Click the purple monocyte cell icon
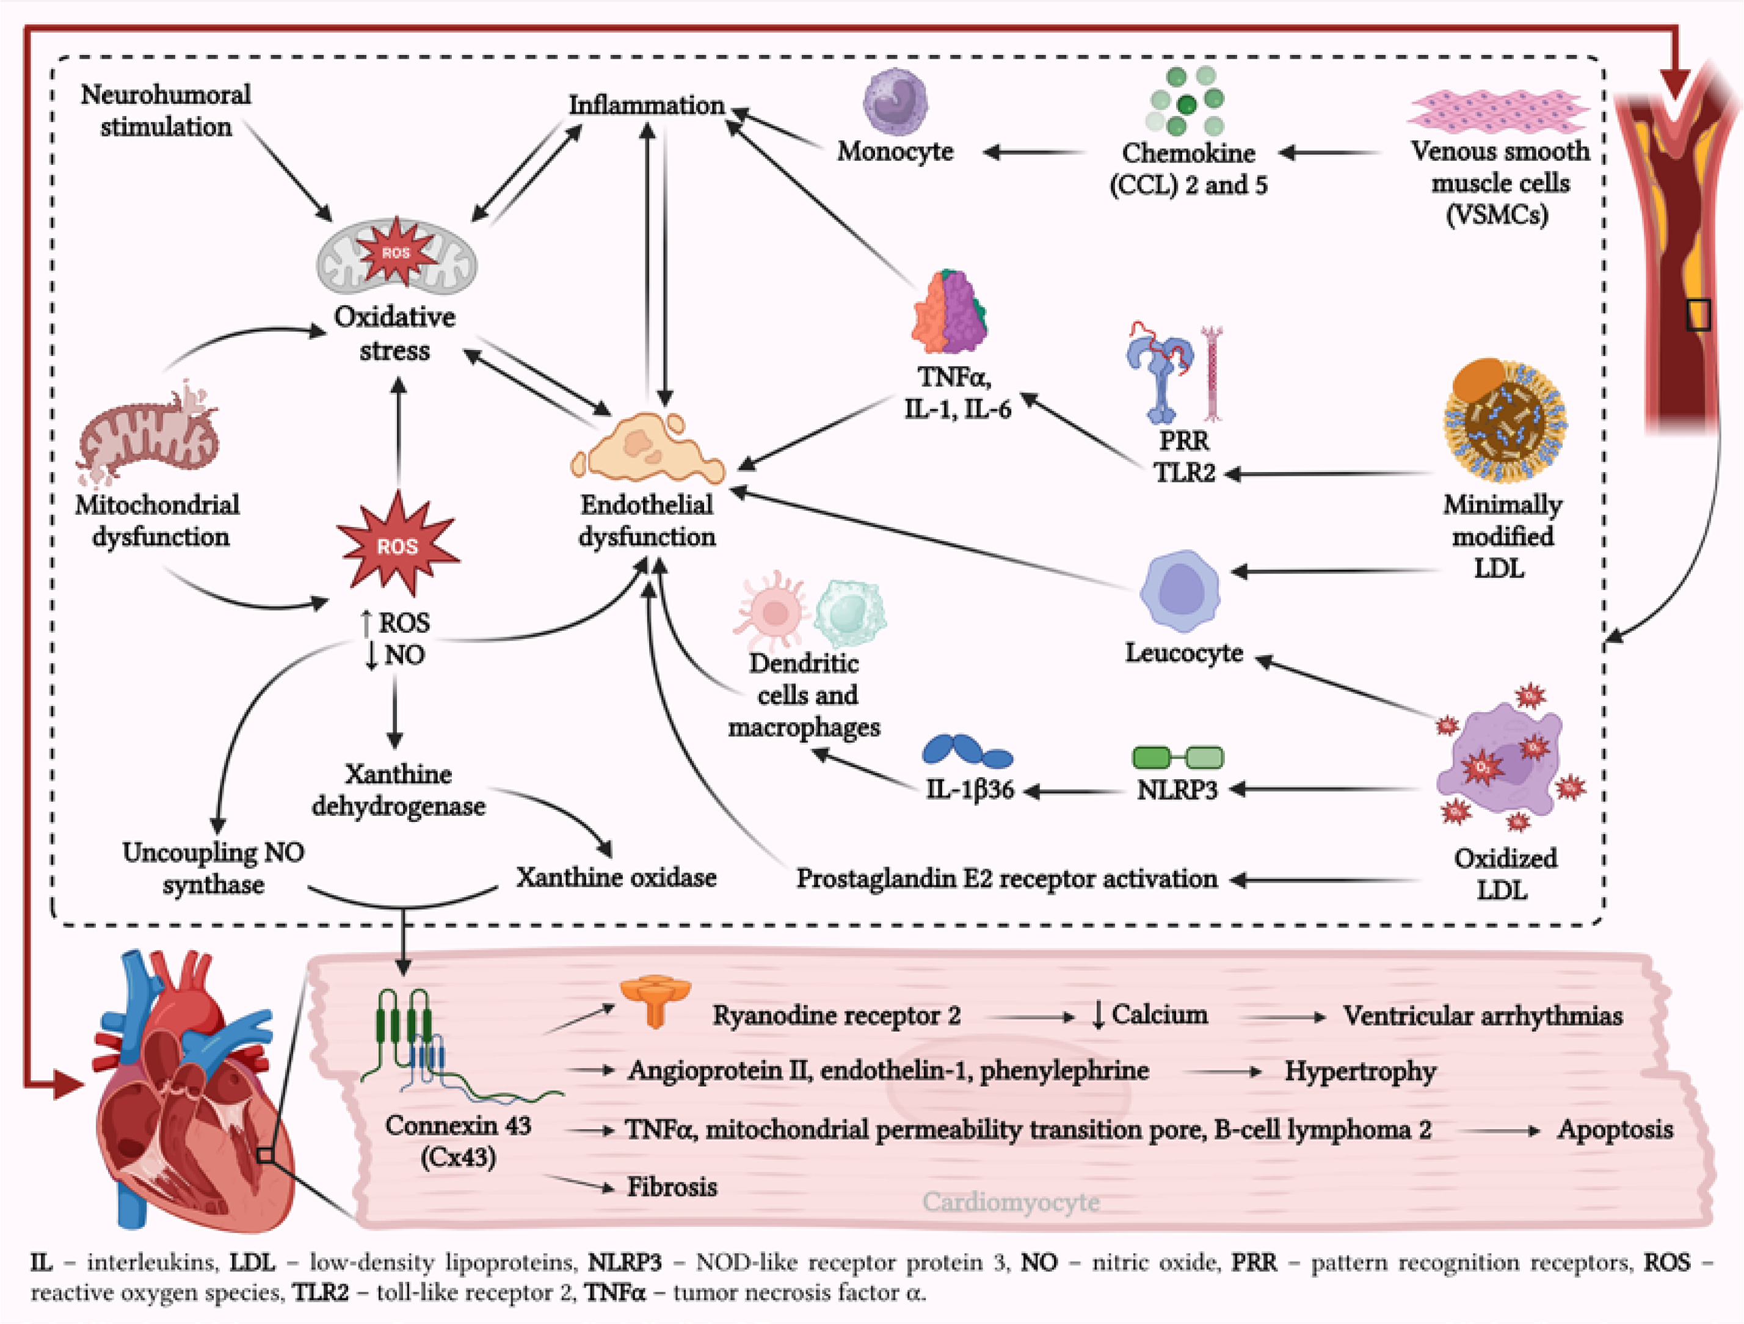[895, 103]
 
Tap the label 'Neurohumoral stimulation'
[165, 111]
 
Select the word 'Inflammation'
[647, 105]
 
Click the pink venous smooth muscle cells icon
[1498, 111]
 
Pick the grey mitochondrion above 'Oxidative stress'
[396, 256]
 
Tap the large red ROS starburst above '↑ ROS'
[396, 544]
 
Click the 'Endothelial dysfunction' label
[647, 520]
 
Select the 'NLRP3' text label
[1177, 790]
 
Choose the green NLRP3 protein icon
[1178, 757]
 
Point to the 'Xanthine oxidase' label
[617, 877]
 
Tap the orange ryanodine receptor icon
[655, 1000]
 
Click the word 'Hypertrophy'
[1360, 1071]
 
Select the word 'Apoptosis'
[1615, 1129]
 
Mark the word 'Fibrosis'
[672, 1187]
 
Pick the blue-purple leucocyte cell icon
[1180, 591]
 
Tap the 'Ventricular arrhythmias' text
[1482, 1016]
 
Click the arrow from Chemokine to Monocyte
[1033, 152]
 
